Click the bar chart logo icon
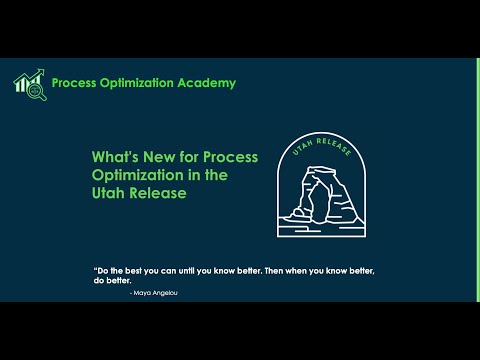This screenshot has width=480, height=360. click(27, 82)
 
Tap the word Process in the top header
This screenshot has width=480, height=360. click(74, 83)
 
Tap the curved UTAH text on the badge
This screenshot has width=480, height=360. click(299, 148)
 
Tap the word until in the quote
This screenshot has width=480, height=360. click(186, 271)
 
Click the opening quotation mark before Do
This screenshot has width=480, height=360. click(94, 269)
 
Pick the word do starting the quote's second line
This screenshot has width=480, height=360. click(100, 282)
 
